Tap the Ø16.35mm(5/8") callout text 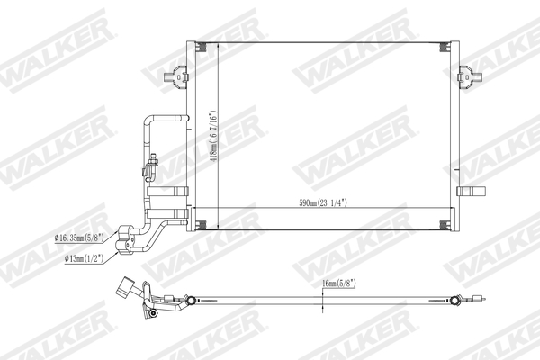coord(78,238)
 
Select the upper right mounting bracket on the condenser coord(466,78)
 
